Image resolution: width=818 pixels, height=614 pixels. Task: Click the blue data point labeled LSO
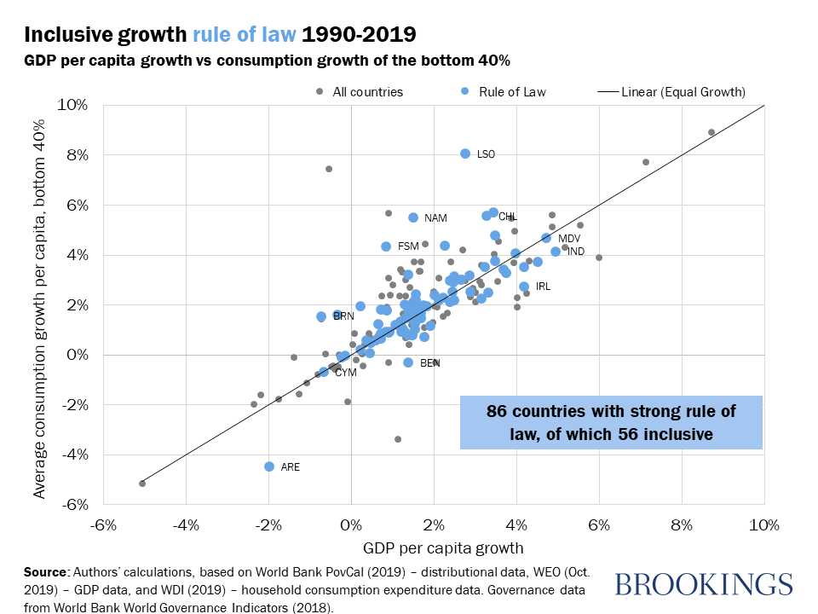tap(465, 153)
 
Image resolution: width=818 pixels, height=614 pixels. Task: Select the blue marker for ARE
tap(269, 466)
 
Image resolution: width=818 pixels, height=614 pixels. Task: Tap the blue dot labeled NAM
tap(413, 217)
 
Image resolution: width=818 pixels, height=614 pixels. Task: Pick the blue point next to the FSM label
tap(386, 246)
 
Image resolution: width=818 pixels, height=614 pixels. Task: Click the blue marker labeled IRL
tap(524, 287)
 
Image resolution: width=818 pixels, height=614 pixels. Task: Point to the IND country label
tap(576, 252)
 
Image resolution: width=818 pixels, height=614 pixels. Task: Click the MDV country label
tap(569, 238)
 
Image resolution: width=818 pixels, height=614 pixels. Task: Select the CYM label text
tap(345, 373)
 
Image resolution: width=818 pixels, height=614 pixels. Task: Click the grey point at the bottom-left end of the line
tap(142, 484)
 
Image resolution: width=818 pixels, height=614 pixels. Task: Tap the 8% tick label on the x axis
tap(682, 524)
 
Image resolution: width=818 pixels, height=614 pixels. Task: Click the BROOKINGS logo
tap(703, 585)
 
